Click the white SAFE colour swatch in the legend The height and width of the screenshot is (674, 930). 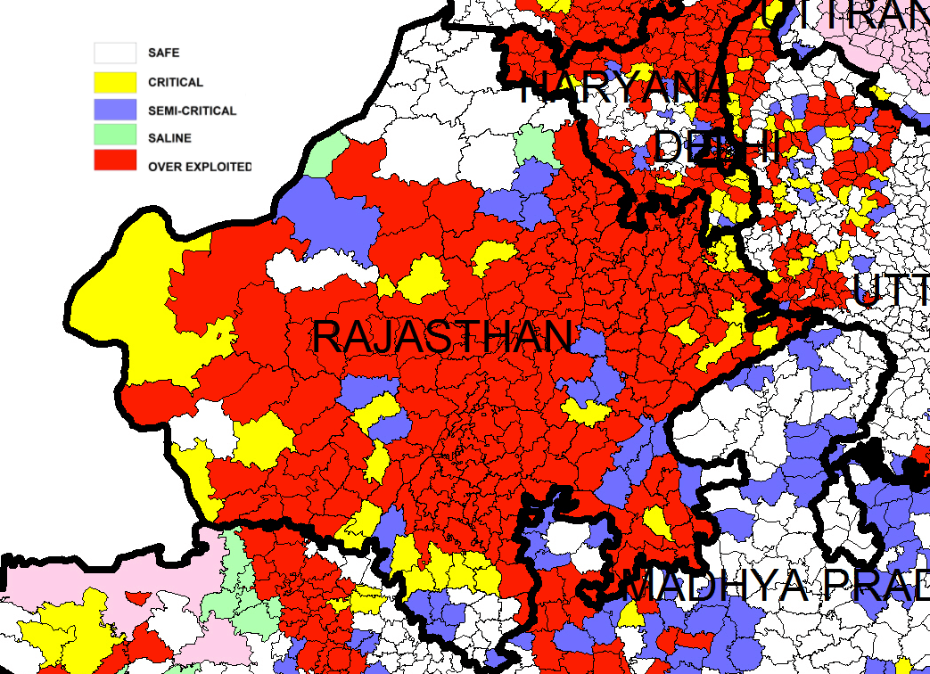[115, 53]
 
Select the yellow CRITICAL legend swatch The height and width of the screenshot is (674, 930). [115, 82]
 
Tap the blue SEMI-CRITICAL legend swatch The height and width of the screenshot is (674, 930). [115, 111]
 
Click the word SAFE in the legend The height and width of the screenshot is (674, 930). [163, 53]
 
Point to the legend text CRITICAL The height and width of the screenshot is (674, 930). [176, 83]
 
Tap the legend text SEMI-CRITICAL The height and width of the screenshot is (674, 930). [192, 111]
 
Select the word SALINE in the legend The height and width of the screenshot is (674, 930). [169, 139]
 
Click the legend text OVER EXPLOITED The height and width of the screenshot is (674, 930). [200, 167]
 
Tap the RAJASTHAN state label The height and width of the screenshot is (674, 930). [441, 338]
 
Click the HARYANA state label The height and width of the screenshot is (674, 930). [624, 87]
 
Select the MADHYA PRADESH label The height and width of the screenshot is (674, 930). [776, 586]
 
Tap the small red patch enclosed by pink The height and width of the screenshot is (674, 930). [136, 598]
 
